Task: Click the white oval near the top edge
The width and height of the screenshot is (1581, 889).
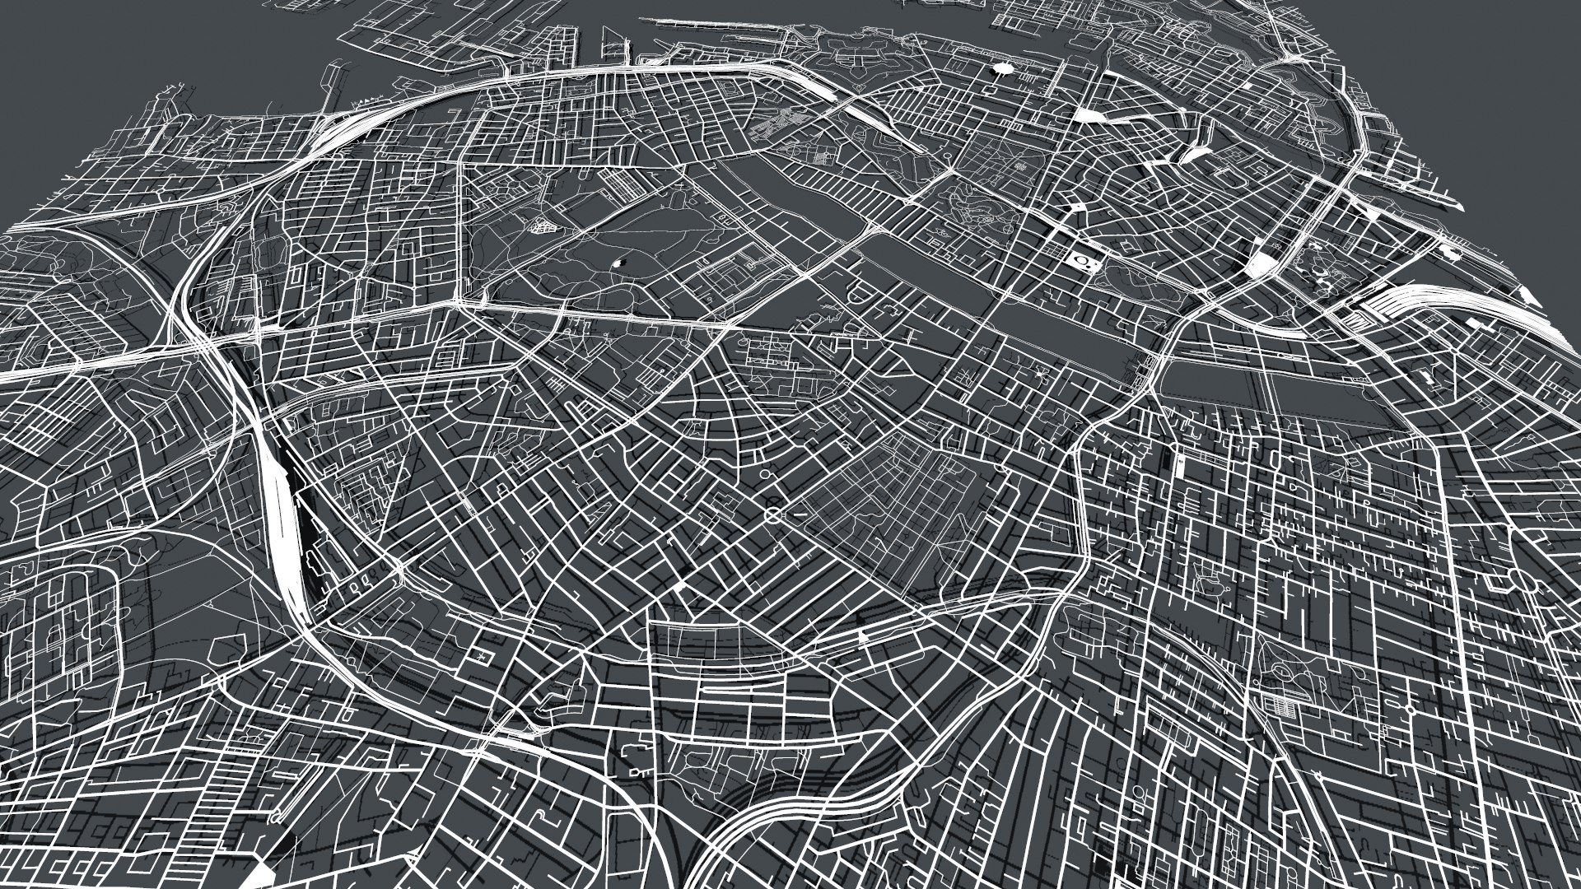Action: [1003, 70]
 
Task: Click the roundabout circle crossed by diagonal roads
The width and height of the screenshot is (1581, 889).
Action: [773, 515]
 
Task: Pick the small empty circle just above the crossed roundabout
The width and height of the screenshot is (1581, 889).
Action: [765, 475]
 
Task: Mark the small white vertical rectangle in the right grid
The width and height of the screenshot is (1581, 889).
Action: [1181, 467]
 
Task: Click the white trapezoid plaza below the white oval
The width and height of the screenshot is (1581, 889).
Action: [1087, 115]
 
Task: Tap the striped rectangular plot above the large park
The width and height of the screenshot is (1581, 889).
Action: [618, 183]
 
